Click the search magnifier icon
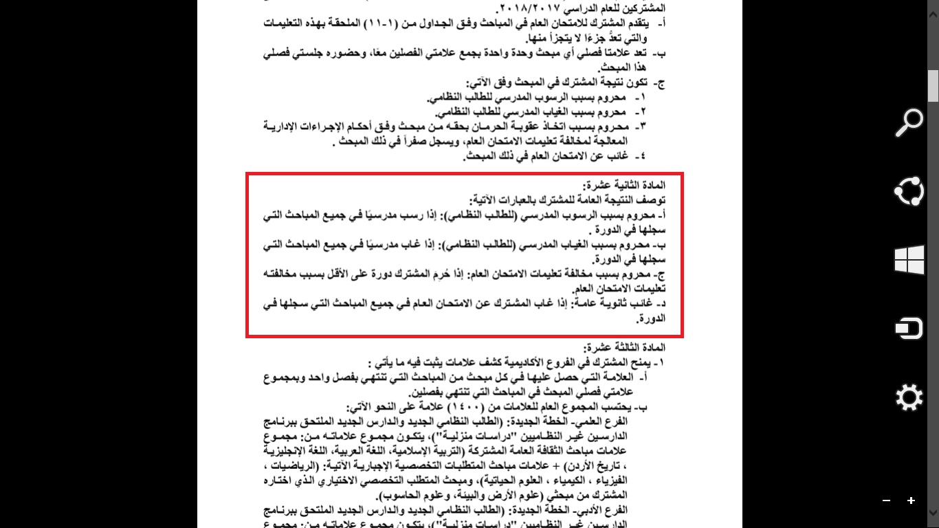pos(909,122)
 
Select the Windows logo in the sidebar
pos(909,261)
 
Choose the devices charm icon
pos(909,329)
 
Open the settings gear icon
pos(909,398)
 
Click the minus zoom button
pos(887,500)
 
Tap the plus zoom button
pos(911,500)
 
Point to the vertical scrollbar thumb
pos(933,86)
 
